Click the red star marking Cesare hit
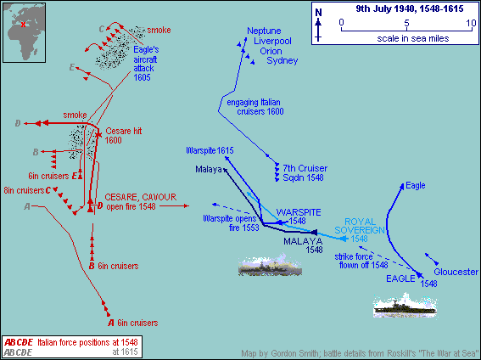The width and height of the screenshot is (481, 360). (x=98, y=134)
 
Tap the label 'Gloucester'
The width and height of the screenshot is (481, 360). (x=456, y=272)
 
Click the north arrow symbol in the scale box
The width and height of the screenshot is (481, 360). (x=318, y=25)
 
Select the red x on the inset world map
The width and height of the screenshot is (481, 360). (x=23, y=25)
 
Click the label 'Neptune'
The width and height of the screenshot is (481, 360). (x=264, y=31)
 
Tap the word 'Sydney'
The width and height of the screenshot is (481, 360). (x=282, y=60)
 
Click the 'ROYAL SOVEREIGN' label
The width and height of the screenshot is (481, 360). (x=360, y=226)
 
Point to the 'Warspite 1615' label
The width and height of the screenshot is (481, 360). (x=210, y=150)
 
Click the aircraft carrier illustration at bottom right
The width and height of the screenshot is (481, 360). (x=405, y=306)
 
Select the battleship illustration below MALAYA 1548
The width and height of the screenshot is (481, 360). (x=270, y=265)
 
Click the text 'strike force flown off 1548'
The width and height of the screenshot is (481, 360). (x=361, y=261)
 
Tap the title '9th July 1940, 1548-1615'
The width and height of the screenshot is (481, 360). (x=410, y=8)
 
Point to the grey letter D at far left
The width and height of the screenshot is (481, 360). (x=18, y=123)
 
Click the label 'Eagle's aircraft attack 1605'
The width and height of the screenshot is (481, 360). (x=146, y=64)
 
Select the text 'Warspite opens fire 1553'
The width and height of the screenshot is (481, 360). (x=232, y=222)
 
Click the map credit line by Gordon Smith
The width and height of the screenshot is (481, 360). (x=360, y=353)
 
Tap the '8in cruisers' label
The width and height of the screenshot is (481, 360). (x=24, y=190)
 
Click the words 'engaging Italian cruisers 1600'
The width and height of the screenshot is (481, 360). (x=255, y=107)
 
